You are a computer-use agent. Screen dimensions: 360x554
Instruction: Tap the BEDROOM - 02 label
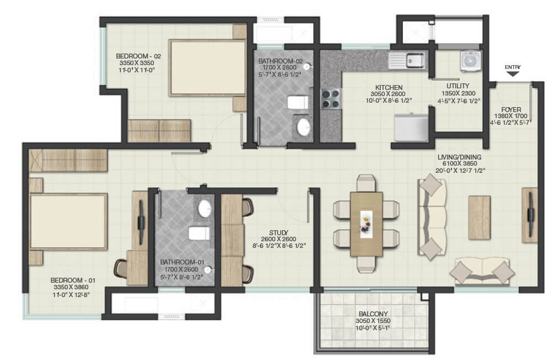[130, 56]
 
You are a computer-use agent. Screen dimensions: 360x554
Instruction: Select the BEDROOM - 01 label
[73, 280]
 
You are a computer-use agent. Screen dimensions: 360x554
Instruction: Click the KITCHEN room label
[388, 87]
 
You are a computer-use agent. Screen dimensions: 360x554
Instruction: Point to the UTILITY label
[458, 86]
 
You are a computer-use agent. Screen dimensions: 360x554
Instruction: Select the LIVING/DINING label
[459, 157]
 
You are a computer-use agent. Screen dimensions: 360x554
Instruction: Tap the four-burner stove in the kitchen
[330, 98]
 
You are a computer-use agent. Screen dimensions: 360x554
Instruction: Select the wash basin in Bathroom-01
[204, 209]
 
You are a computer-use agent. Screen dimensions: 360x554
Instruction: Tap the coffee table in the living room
[479, 218]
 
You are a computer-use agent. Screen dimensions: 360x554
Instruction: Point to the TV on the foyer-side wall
[530, 215]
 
